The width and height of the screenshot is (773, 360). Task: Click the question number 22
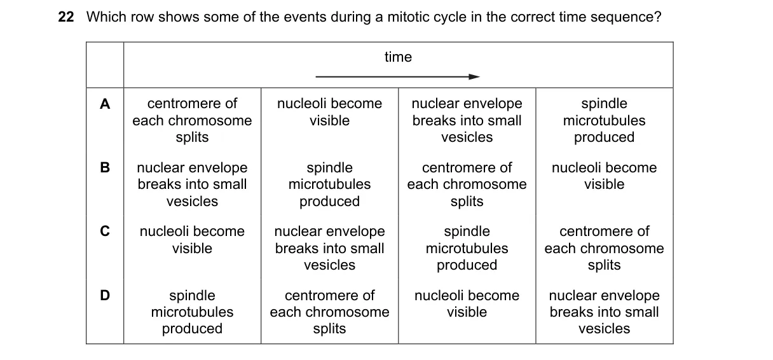66,17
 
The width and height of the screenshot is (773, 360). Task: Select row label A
105,104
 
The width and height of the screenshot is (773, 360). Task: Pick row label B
105,167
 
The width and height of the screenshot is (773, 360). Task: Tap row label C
105,231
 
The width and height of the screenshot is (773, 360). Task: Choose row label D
105,295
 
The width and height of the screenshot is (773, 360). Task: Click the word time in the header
398,57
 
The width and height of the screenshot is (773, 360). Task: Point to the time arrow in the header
397,76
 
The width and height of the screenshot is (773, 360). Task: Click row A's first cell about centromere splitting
192,120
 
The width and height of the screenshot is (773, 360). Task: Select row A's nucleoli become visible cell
329,112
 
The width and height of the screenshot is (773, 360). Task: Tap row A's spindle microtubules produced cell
605,120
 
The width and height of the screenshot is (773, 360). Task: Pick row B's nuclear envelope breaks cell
192,184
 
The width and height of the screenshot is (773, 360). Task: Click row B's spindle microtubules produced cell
329,184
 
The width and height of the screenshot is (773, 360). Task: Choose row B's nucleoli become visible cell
605,176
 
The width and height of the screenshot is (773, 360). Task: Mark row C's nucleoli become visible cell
192,240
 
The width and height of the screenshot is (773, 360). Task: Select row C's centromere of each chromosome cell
605,248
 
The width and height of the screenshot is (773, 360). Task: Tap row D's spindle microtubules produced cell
192,312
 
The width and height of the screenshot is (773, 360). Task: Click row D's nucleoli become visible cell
467,304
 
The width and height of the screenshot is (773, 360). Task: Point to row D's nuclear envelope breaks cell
605,312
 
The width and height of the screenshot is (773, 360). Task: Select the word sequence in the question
626,18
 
